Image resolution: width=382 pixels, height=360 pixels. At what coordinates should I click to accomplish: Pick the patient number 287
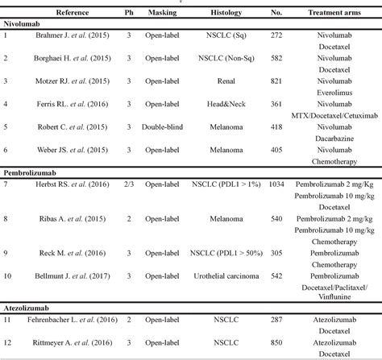point(276,320)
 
